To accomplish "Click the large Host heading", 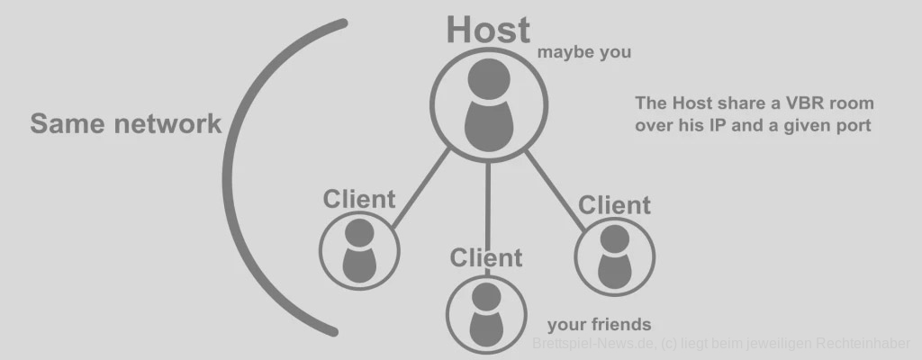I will (x=488, y=30).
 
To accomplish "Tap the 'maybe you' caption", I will (x=584, y=52).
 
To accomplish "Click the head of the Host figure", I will (x=487, y=76).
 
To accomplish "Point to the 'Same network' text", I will (x=125, y=123).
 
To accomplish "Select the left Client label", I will (x=359, y=199).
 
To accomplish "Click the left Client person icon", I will (x=359, y=249).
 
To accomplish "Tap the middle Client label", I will (x=485, y=258).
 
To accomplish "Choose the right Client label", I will (x=614, y=204).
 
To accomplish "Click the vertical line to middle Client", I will (x=487, y=202).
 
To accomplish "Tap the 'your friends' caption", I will (x=599, y=325).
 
